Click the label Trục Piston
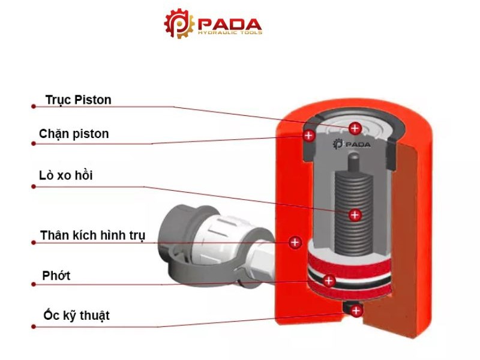point(79,100)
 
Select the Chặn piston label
point(74,133)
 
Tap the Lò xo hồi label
point(66,175)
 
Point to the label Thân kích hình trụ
point(93,235)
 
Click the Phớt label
point(56,275)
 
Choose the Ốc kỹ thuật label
point(77,315)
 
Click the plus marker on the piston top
point(355,128)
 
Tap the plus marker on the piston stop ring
point(309,136)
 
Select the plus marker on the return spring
point(355,214)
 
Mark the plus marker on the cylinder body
point(295,242)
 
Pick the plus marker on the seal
point(329,280)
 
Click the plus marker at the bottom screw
point(356,311)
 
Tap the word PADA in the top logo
point(229,24)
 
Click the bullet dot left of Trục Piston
point(33,107)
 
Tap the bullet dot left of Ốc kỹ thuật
point(33,327)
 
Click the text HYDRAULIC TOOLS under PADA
point(229,33)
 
